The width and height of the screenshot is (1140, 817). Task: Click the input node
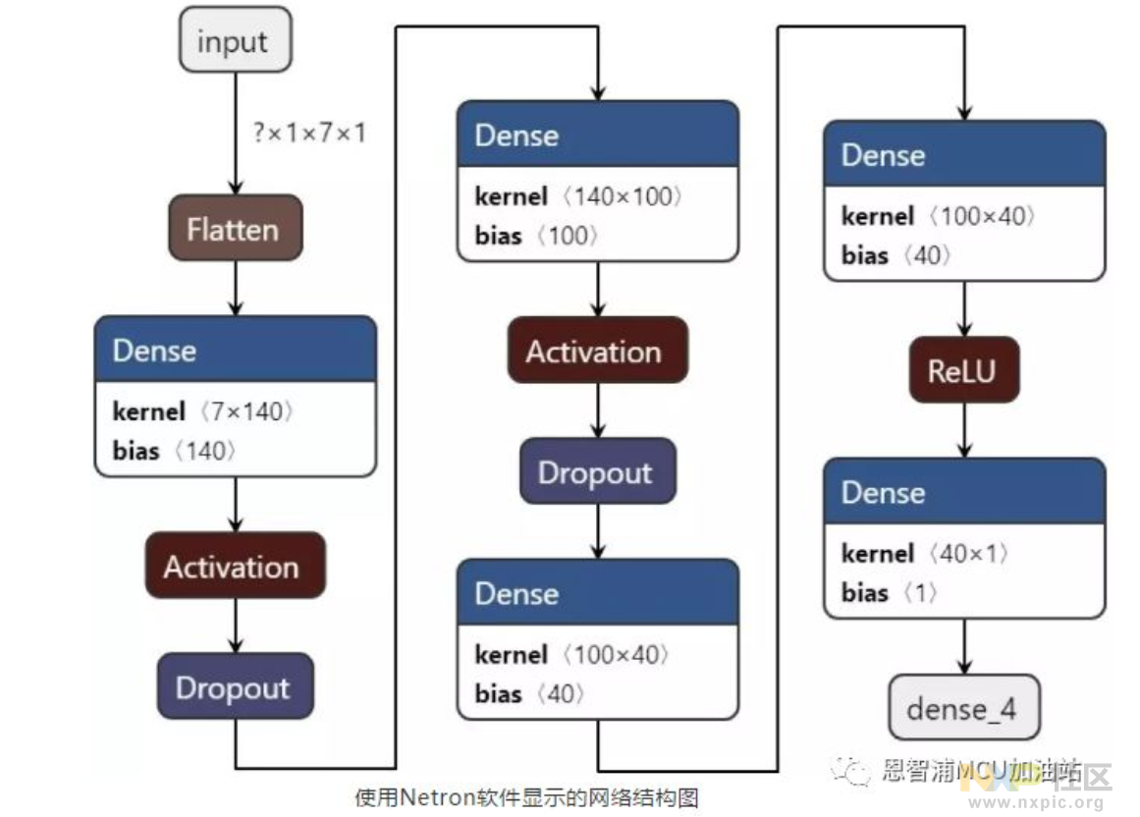234,40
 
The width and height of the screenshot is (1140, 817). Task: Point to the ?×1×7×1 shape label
309,133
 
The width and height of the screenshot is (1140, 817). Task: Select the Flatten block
235,228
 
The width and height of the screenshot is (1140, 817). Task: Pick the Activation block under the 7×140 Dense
235,566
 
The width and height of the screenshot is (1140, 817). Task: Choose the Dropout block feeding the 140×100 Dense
235,686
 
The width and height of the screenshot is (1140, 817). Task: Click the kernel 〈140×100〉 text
578,196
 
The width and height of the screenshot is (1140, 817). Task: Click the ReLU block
963,370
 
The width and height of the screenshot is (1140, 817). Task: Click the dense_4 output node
963,707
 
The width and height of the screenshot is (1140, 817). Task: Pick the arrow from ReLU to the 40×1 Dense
963,429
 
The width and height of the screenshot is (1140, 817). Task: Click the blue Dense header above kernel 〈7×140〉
235,350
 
